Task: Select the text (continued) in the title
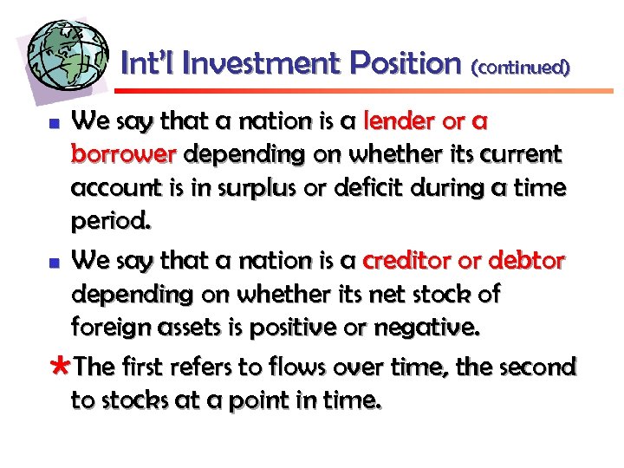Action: (x=520, y=66)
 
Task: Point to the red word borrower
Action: (x=124, y=154)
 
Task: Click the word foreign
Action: (x=111, y=328)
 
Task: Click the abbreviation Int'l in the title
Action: (x=150, y=63)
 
